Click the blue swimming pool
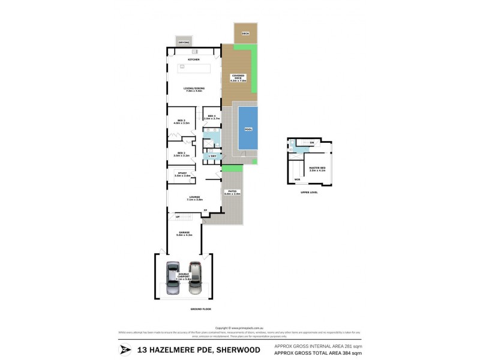(x=248, y=128)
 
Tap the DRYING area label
(x=184, y=43)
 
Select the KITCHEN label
(x=194, y=60)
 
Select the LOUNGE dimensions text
(x=194, y=199)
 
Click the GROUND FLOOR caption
(x=185, y=308)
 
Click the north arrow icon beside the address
(x=125, y=350)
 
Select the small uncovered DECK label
(x=245, y=34)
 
